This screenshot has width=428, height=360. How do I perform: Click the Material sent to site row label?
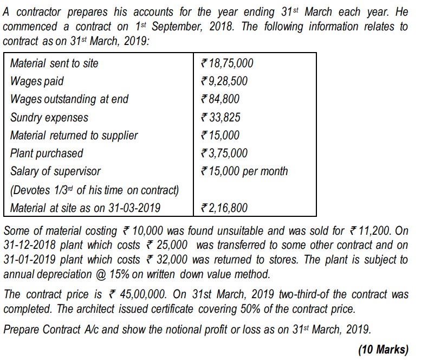click(54, 63)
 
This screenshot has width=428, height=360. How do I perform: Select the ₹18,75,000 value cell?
click(227, 63)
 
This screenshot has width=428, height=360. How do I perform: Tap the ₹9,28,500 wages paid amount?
click(224, 81)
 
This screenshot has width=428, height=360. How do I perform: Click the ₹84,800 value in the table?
click(220, 99)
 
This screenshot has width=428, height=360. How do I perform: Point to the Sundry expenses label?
click(49, 117)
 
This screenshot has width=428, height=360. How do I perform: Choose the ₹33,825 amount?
click(221, 117)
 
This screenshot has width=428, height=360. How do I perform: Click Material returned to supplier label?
click(74, 136)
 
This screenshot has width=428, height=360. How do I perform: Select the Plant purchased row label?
click(47, 153)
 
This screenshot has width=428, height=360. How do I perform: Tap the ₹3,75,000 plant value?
click(224, 153)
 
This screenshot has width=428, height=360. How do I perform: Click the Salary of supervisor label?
click(55, 171)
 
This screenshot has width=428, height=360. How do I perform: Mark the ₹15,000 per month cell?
click(244, 171)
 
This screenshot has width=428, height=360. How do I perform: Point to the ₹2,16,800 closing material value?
click(224, 208)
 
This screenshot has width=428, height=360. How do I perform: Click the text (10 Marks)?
click(383, 349)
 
